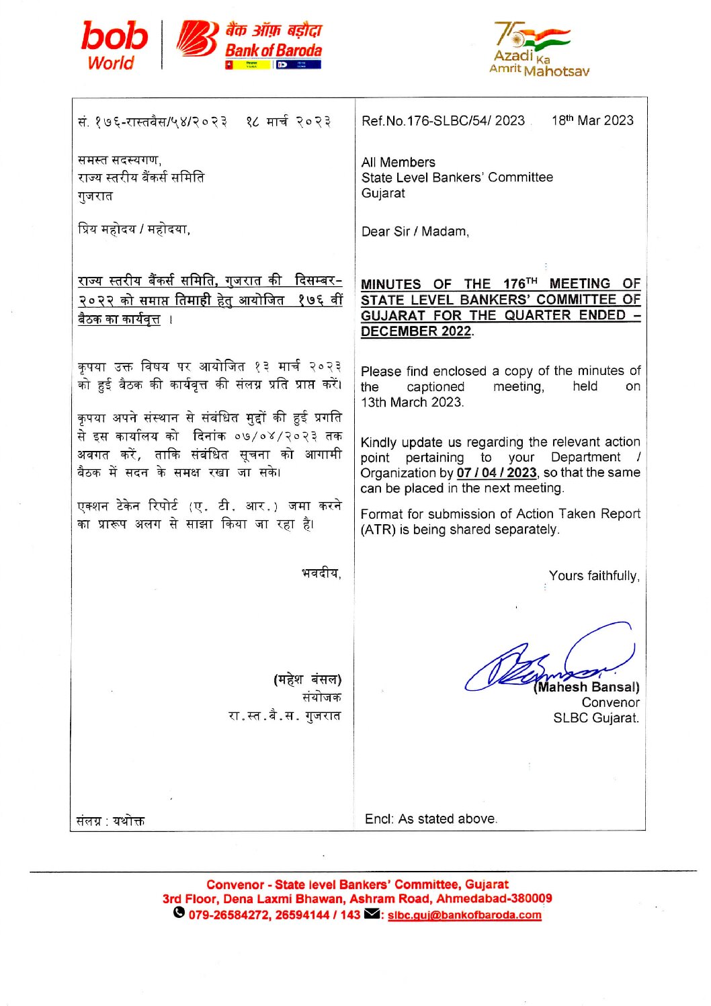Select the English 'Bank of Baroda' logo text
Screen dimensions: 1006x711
pyautogui.click(x=274, y=50)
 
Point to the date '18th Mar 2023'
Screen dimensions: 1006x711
pyautogui.click(x=592, y=120)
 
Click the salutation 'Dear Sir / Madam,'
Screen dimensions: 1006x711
pyautogui.click(x=415, y=231)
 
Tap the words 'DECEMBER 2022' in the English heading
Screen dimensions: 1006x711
pyautogui.click(x=416, y=331)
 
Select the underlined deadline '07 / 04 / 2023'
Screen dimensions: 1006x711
pyautogui.click(x=497, y=472)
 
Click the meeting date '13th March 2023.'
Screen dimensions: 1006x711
pyautogui.click(x=412, y=402)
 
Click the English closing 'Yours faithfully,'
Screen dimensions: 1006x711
pyautogui.click(x=594, y=576)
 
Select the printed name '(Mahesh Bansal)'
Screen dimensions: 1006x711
pyautogui.click(x=587, y=687)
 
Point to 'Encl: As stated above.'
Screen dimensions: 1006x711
pyautogui.click(x=431, y=819)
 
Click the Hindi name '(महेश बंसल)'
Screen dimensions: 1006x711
pyautogui.click(x=307, y=679)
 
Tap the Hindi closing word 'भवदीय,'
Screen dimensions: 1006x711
pyautogui.click(x=321, y=573)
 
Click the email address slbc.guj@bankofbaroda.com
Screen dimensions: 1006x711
pyautogui.click(x=464, y=915)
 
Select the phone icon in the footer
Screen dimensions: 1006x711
pyautogui.click(x=179, y=913)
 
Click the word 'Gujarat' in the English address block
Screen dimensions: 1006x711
pyautogui.click(x=383, y=193)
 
